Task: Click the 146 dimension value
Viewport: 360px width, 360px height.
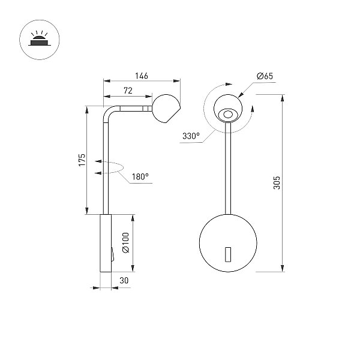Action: coord(142,76)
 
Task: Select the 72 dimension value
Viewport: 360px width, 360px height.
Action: coord(128,91)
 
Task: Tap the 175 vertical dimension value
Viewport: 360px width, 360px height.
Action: coord(82,160)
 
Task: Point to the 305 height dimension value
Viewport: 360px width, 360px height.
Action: coord(277,183)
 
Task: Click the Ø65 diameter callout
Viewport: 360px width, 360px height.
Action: coord(265,76)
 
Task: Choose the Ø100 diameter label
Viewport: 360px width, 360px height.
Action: coord(126,242)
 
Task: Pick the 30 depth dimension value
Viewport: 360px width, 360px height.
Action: coord(124,281)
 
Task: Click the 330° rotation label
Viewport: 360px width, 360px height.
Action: coord(191,136)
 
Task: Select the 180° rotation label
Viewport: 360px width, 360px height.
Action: coord(140,177)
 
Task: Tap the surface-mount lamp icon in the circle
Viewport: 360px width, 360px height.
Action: coord(39,40)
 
